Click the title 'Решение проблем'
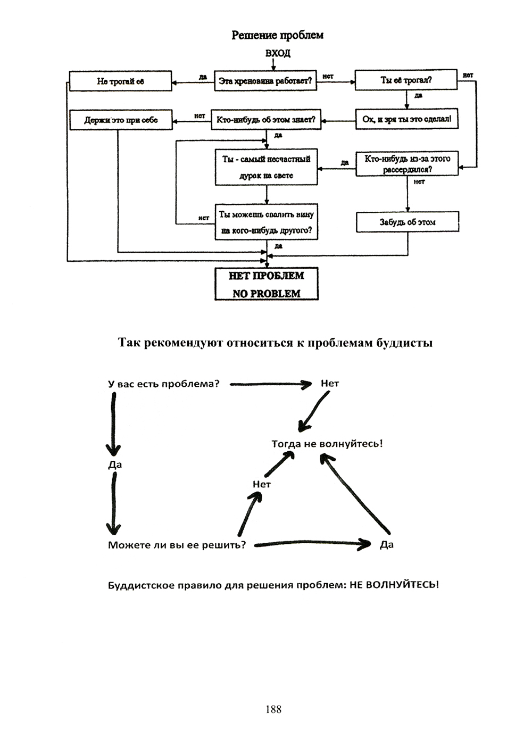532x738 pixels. pyautogui.click(x=277, y=36)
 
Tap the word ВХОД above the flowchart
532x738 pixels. pyautogui.click(x=277, y=53)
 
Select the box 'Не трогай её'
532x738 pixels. pyautogui.click(x=121, y=81)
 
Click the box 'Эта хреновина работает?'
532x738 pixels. pyautogui.click(x=265, y=81)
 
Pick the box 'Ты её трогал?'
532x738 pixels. pyautogui.click(x=406, y=80)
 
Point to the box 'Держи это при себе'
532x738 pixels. pyautogui.click(x=121, y=120)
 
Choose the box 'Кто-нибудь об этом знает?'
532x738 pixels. pyautogui.click(x=265, y=120)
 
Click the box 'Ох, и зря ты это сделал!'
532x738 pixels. pyautogui.click(x=407, y=119)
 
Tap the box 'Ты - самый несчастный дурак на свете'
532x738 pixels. pyautogui.click(x=266, y=167)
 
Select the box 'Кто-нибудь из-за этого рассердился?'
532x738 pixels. pyautogui.click(x=407, y=164)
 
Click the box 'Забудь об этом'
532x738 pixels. pyautogui.click(x=408, y=222)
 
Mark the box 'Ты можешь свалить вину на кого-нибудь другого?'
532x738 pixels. pyautogui.click(x=266, y=222)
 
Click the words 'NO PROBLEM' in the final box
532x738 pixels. pyautogui.click(x=266, y=293)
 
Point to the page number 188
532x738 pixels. pyautogui.click(x=272, y=709)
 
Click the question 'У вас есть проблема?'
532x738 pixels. pyautogui.click(x=163, y=384)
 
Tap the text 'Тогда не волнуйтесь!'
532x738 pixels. pyautogui.click(x=327, y=443)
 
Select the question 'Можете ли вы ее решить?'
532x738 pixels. pyautogui.click(x=177, y=545)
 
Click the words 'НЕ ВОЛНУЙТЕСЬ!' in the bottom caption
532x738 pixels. pyautogui.click(x=394, y=585)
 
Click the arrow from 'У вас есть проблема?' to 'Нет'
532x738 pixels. pyautogui.click(x=270, y=384)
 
